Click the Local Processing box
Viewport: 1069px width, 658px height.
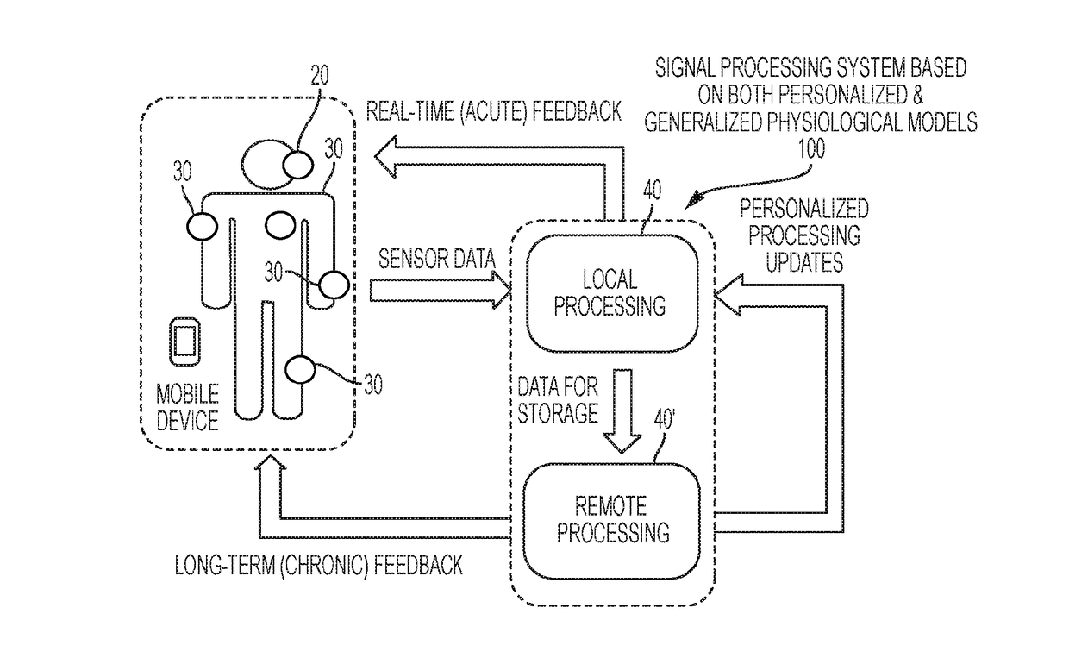[x=612, y=293]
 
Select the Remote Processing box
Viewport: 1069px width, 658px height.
[x=612, y=521]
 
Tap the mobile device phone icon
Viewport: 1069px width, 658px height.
[x=184, y=341]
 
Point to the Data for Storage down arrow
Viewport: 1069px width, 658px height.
[x=622, y=410]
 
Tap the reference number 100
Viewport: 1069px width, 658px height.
[x=811, y=149]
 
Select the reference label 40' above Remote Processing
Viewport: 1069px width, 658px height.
[x=665, y=420]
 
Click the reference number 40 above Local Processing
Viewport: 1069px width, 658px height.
[x=653, y=190]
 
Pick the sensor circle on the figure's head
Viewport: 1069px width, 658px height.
[x=297, y=166]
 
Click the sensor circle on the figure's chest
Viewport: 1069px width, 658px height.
[x=280, y=225]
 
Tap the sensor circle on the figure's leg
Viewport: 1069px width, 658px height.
[x=300, y=370]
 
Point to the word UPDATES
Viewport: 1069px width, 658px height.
[x=804, y=262]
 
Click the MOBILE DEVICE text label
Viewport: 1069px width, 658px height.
[x=188, y=407]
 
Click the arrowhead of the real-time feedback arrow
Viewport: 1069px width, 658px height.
[x=385, y=156]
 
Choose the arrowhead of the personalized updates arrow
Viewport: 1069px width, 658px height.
[x=728, y=295]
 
